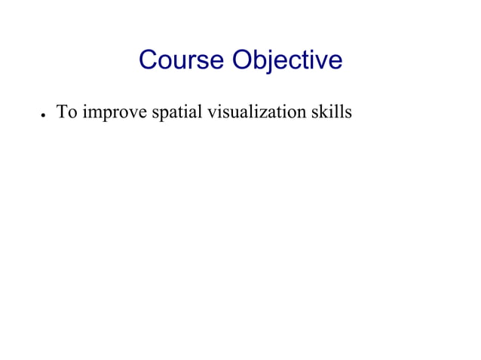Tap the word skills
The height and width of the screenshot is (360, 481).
(332, 113)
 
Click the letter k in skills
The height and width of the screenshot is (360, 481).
(326, 113)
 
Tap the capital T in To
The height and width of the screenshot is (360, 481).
(63, 113)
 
